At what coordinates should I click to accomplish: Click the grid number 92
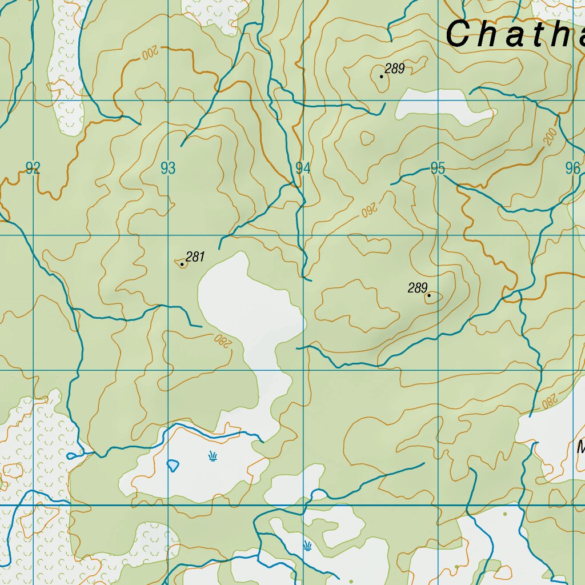click(33, 168)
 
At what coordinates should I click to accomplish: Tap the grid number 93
click(168, 168)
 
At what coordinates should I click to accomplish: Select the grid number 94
click(303, 168)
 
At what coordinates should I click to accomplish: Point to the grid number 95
click(438, 168)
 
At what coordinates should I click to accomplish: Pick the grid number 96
click(572, 168)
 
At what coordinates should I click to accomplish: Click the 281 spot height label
click(195, 257)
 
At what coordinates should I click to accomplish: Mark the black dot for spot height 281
click(182, 264)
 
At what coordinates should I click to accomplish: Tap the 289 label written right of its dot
click(395, 69)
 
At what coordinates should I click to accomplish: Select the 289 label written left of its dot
click(418, 288)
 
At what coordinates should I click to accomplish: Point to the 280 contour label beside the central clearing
click(221, 340)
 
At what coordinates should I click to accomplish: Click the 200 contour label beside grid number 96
click(550, 137)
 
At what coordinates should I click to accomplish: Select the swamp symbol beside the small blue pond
click(213, 456)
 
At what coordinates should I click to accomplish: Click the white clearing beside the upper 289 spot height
click(443, 107)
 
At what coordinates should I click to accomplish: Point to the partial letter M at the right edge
click(580, 447)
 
